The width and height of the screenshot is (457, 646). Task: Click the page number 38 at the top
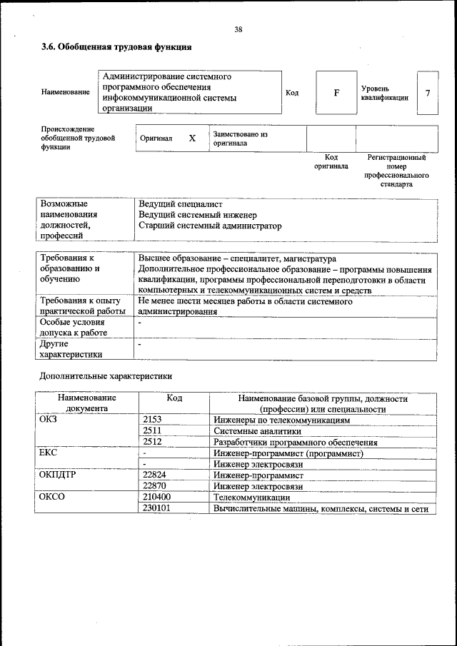238,29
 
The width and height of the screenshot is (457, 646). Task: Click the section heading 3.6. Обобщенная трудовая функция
116,48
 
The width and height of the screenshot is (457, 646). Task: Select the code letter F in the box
336,93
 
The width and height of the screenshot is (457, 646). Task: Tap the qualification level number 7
427,93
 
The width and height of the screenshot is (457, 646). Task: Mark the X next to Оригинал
191,138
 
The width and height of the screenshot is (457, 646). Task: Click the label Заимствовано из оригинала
240,138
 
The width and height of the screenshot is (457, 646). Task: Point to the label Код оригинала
331,161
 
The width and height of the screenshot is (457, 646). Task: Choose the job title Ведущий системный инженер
197,215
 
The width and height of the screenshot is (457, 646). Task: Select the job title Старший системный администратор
210,226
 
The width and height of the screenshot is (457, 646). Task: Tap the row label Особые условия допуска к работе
74,328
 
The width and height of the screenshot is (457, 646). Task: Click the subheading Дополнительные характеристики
105,375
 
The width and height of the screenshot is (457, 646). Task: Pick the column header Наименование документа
87,403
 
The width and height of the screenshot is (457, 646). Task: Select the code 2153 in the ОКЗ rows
153,420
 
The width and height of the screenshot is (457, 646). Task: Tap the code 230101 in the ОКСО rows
157,508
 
